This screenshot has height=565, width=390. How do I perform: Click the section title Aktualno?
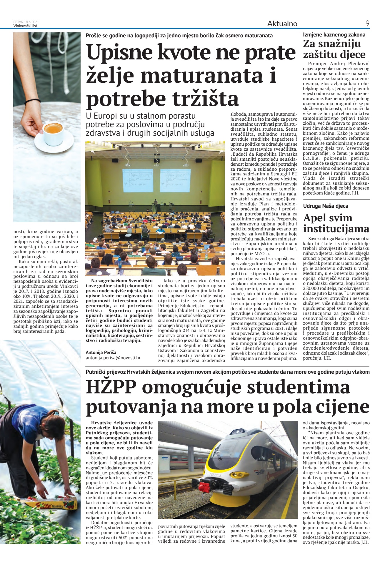point(282,24)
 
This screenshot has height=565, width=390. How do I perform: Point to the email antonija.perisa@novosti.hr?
point(113,358)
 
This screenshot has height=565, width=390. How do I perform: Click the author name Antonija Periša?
point(101,352)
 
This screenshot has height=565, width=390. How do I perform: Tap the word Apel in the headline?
point(316,218)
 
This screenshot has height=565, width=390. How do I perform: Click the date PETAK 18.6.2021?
point(26,22)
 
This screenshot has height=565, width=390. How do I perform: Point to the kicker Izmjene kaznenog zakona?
point(334,35)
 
